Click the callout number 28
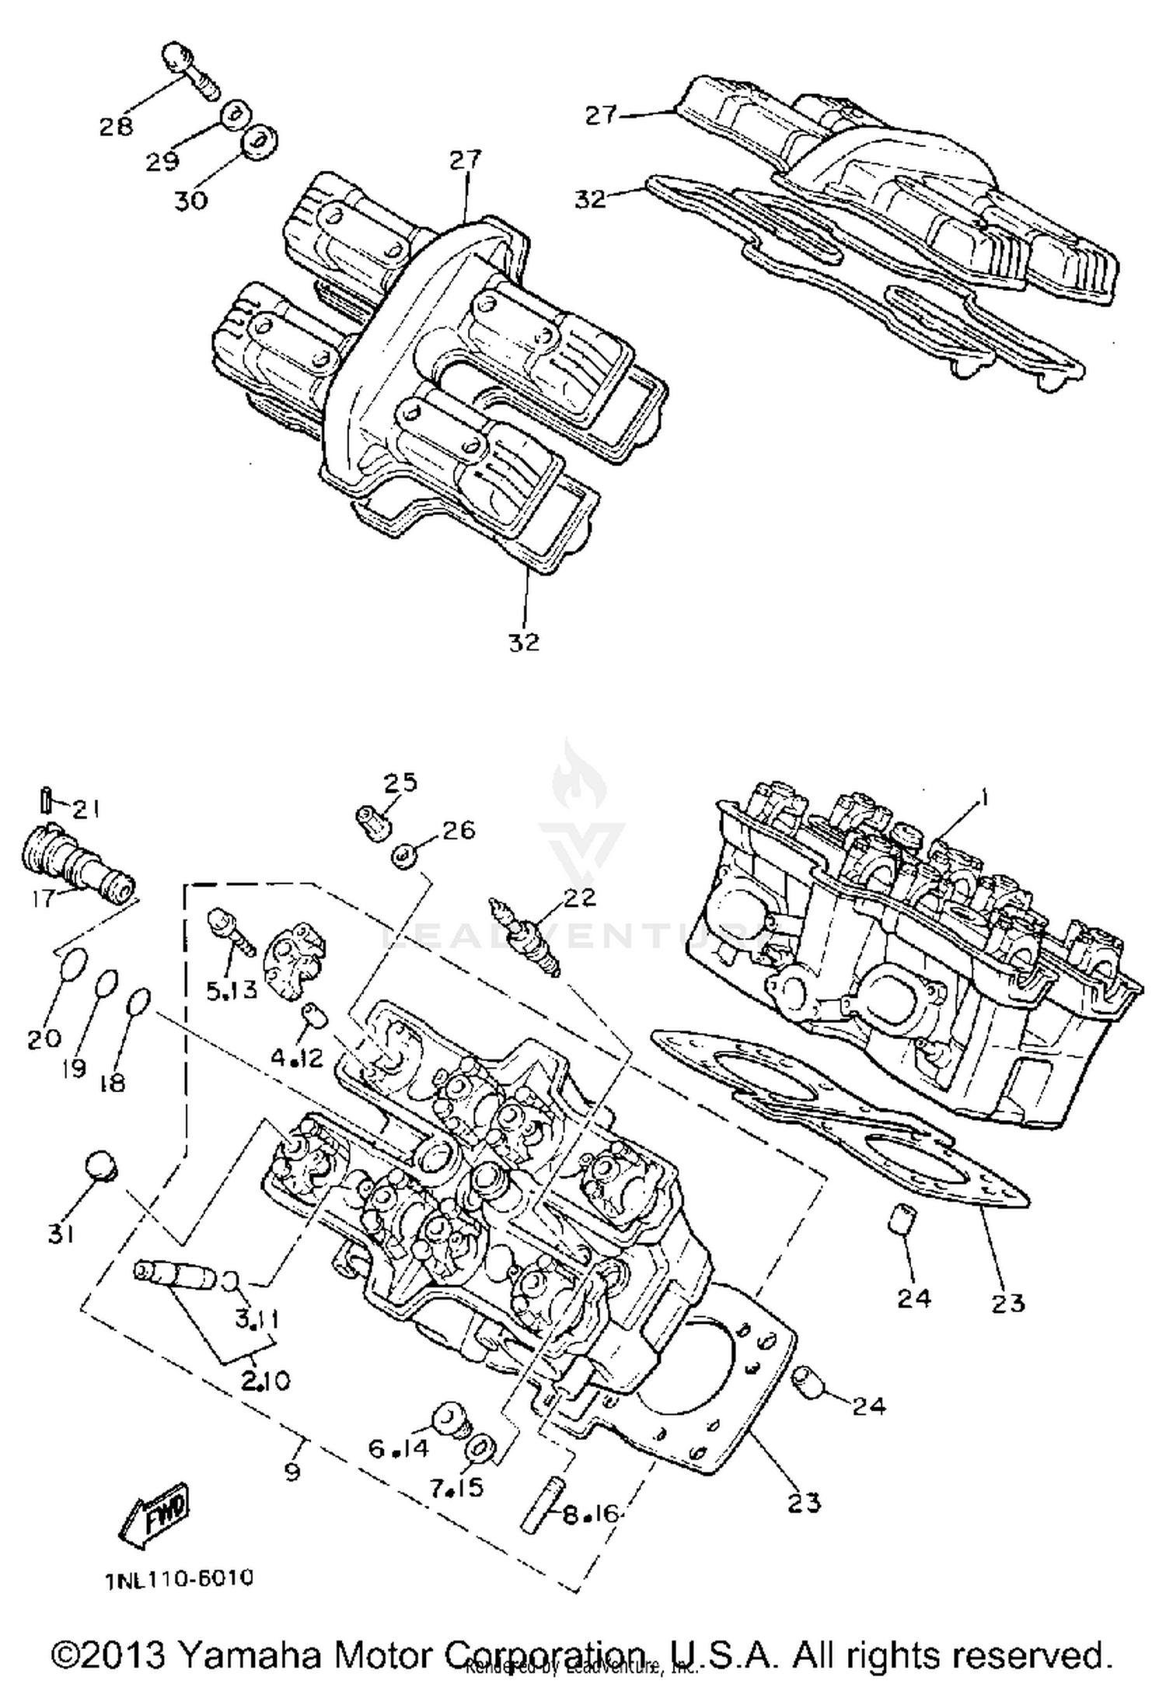click(x=116, y=126)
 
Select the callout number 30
click(x=190, y=200)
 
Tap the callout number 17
click(x=44, y=898)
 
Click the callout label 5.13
click(x=231, y=989)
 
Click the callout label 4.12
click(x=296, y=1058)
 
